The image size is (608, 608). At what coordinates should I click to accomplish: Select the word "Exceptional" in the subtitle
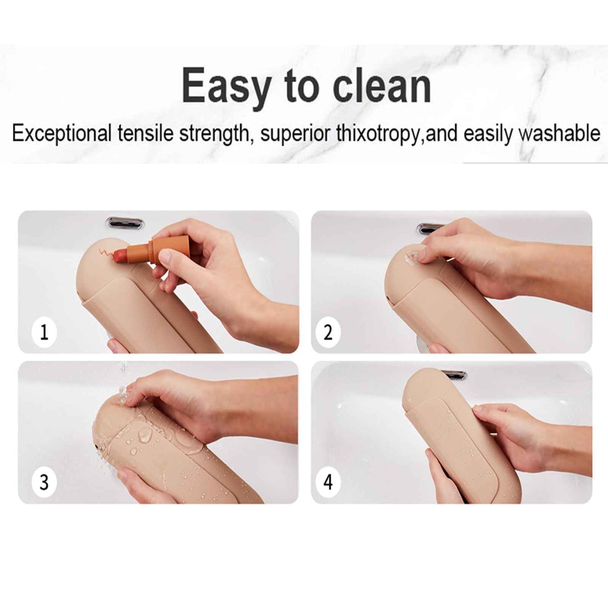coord(61,134)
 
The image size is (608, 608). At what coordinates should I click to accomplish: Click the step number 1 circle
coord(44,332)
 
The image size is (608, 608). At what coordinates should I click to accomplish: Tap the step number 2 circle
coord(328,332)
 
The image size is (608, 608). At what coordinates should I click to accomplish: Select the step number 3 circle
coord(44,483)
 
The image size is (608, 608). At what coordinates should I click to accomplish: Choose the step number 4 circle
coord(328,483)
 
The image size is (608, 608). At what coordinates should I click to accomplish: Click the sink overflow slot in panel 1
coord(125,223)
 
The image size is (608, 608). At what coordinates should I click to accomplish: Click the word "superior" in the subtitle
coord(295,134)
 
